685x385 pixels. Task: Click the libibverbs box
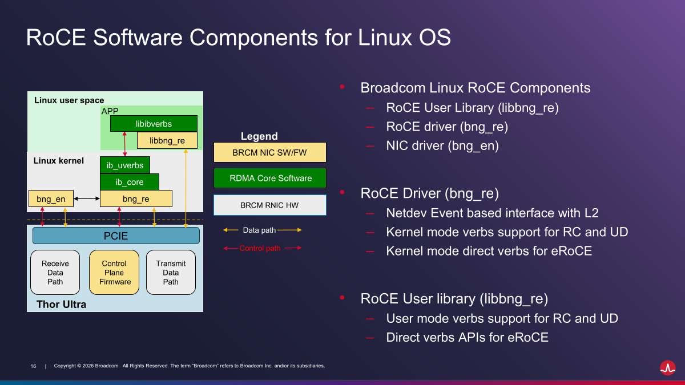[154, 124]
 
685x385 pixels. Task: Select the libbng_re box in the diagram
[167, 140]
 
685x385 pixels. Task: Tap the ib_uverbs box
[125, 165]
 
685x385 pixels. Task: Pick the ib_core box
[130, 182]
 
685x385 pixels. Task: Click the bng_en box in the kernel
[51, 198]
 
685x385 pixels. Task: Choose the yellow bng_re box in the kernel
[136, 198]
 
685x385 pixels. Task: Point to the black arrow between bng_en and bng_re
[87, 198]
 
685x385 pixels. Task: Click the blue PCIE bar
[116, 236]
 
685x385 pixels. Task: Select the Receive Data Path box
[55, 272]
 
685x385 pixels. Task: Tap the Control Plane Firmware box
[114, 272]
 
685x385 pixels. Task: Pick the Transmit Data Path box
[171, 272]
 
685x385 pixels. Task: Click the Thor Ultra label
[61, 305]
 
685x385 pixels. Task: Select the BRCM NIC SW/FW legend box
[269, 152]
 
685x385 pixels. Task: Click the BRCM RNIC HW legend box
[269, 205]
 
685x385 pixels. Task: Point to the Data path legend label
[259, 230]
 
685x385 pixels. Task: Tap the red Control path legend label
[260, 248]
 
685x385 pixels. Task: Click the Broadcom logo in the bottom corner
[667, 367]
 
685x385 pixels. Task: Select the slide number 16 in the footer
[33, 366]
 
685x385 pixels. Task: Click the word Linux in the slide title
[385, 37]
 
